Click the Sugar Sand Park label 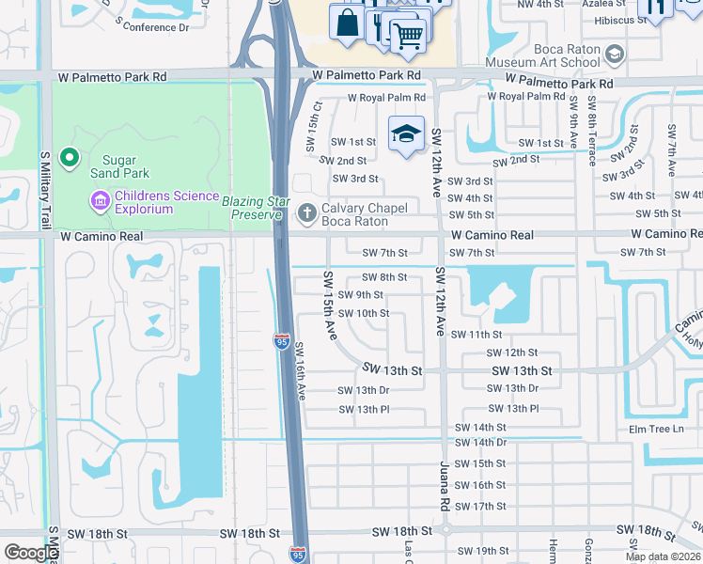pyautogui.click(x=120, y=166)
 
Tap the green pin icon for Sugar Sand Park pyautogui.click(x=69, y=159)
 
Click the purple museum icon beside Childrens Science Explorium pyautogui.click(x=99, y=200)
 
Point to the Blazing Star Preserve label pyautogui.click(x=253, y=208)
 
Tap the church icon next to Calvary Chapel pyautogui.click(x=306, y=214)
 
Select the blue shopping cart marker pyautogui.click(x=407, y=37)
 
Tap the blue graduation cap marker pyautogui.click(x=406, y=134)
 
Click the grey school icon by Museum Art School pyautogui.click(x=615, y=54)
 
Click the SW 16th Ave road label pyautogui.click(x=300, y=371)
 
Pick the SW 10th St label pyautogui.click(x=363, y=313)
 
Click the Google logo pyautogui.click(x=30, y=553)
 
